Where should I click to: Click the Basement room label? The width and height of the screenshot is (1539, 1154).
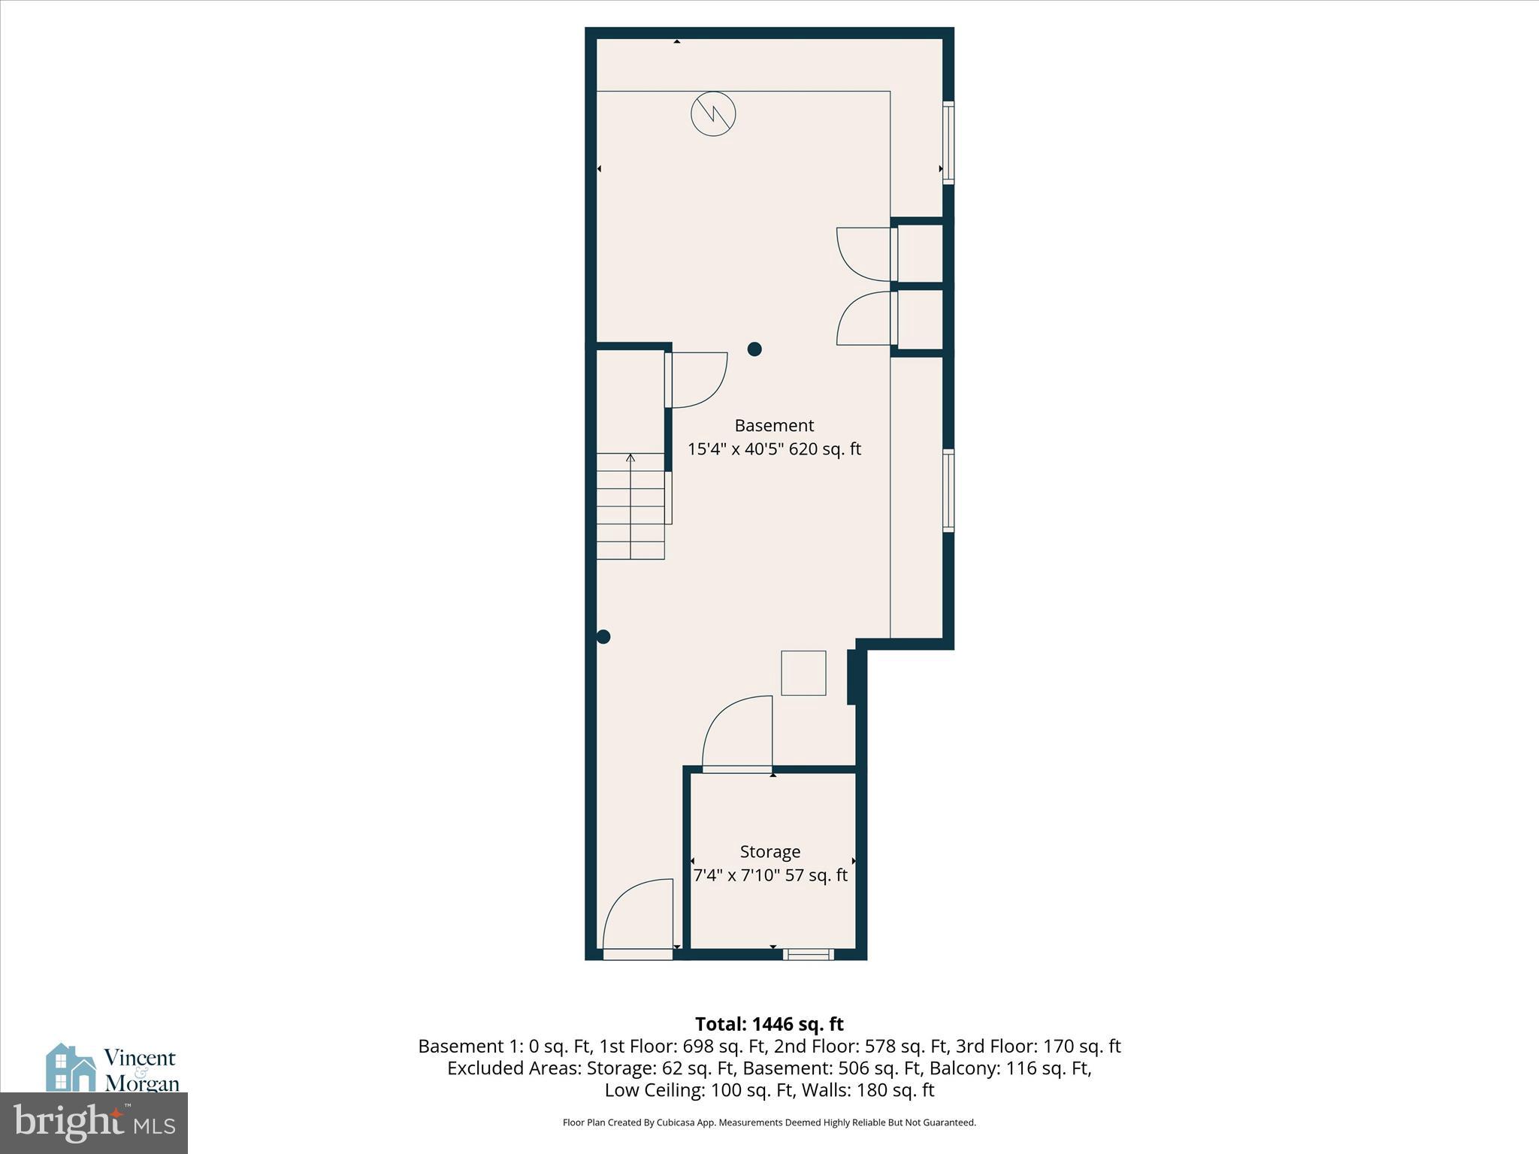pyautogui.click(x=774, y=425)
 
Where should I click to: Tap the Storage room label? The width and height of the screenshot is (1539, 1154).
pyautogui.click(x=769, y=851)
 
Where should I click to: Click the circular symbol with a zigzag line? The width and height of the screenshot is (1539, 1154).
pyautogui.click(x=713, y=114)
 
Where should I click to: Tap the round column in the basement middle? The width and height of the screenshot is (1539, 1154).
pyautogui.click(x=754, y=349)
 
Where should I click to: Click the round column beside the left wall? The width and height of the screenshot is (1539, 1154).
pyautogui.click(x=603, y=637)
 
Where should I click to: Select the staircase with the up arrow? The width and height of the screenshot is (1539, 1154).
pyautogui.click(x=630, y=506)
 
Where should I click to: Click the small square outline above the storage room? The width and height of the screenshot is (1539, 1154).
pyautogui.click(x=803, y=673)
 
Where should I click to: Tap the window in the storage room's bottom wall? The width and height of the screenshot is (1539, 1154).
pyautogui.click(x=808, y=954)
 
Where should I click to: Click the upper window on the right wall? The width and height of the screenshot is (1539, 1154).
pyautogui.click(x=948, y=143)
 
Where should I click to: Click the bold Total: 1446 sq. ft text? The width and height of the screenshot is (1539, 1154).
pyautogui.click(x=769, y=1024)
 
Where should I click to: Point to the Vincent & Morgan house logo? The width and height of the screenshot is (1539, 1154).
pyautogui.click(x=71, y=1068)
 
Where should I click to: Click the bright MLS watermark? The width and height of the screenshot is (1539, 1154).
pyautogui.click(x=94, y=1122)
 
